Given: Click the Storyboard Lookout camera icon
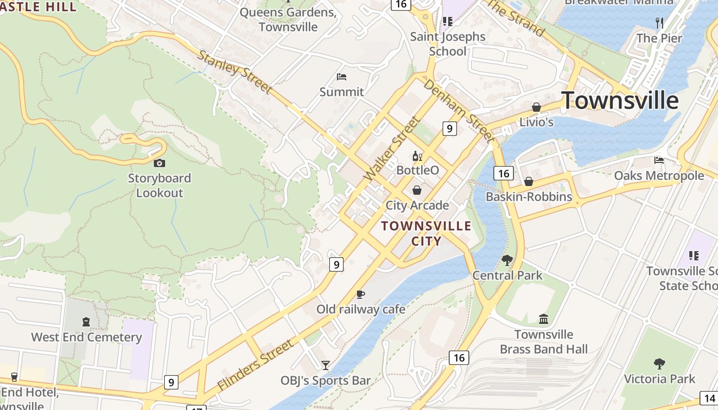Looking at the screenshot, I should click(159, 163).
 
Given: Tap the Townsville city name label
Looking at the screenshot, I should click(620, 100).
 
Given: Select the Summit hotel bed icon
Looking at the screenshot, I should click(342, 77).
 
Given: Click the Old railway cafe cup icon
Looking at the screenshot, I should click(361, 294).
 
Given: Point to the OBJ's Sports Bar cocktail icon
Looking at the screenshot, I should click(325, 365).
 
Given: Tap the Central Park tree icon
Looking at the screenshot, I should click(507, 260).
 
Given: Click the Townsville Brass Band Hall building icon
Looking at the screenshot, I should click(544, 319).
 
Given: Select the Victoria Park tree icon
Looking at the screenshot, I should click(660, 364).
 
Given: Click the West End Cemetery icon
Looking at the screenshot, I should click(86, 322).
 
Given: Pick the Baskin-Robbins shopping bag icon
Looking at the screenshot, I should click(529, 181).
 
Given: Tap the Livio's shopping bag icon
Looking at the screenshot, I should click(536, 107).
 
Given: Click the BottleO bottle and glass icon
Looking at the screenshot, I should click(417, 156).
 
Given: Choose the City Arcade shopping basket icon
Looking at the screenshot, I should click(417, 190).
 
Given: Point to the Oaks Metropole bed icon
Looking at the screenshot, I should click(659, 160).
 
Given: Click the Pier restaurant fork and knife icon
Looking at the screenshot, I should click(660, 23).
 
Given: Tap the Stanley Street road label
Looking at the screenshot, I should click(234, 72).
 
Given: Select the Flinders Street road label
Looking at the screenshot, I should click(255, 365).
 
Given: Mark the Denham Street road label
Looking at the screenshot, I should click(459, 110).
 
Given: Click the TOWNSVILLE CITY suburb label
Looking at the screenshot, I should click(426, 233).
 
